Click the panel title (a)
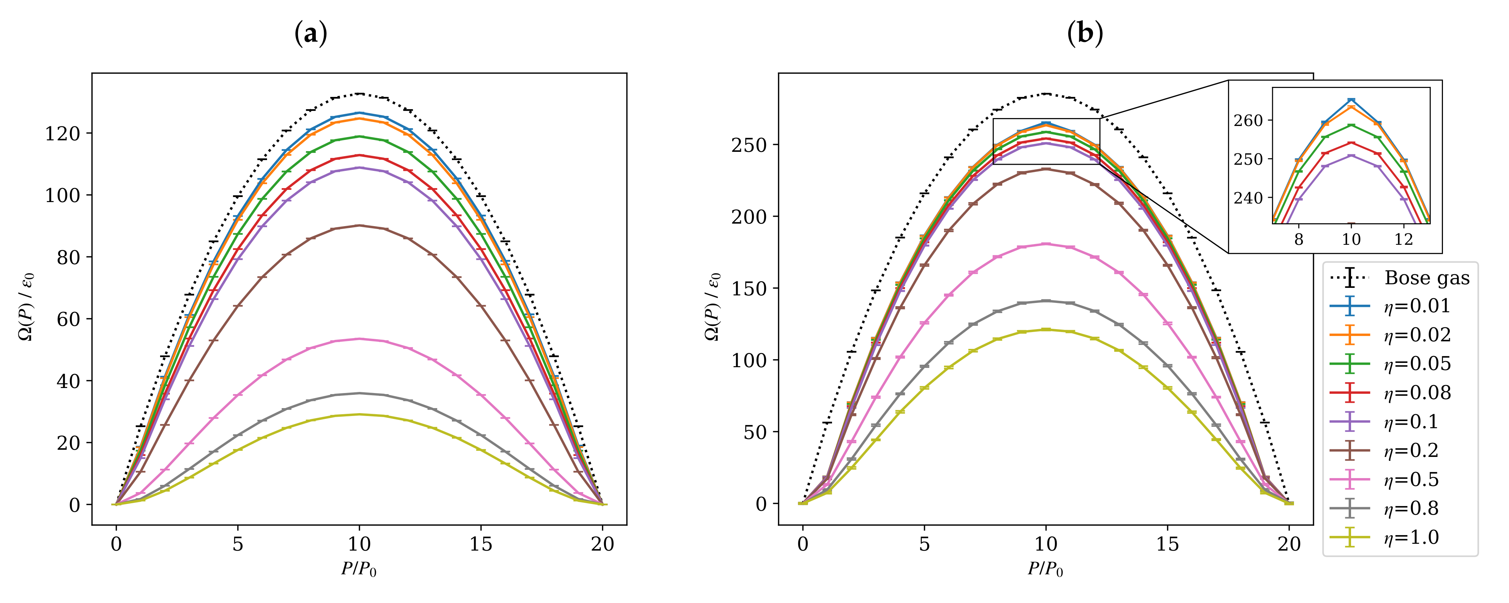(310, 34)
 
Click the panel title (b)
(1085, 34)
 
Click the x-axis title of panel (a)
(359, 569)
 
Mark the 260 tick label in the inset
(1248, 121)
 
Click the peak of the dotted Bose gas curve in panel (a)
(360, 94)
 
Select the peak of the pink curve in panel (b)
(1046, 244)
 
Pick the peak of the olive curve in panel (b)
(1046, 329)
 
